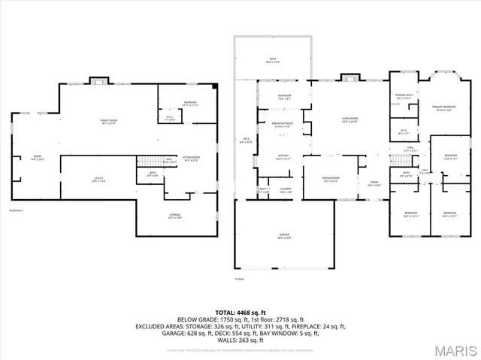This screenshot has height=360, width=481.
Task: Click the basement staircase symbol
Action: pyautogui.click(x=146, y=162)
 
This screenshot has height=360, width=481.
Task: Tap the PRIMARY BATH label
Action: pyautogui.click(x=404, y=95)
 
